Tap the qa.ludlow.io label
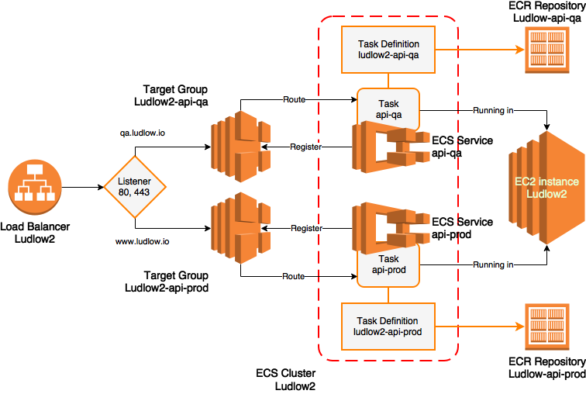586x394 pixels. [x=142, y=133]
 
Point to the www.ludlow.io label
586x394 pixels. [x=143, y=242]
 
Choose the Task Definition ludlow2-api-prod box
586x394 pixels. [x=388, y=327]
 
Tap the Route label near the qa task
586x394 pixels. [x=294, y=100]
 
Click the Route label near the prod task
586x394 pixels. [x=294, y=276]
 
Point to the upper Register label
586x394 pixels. [x=305, y=147]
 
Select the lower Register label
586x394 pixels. [x=306, y=229]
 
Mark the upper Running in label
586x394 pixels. [x=493, y=111]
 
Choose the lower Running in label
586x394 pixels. [x=493, y=265]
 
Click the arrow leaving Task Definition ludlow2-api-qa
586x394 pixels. [x=477, y=49]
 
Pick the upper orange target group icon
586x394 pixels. [x=240, y=147]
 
